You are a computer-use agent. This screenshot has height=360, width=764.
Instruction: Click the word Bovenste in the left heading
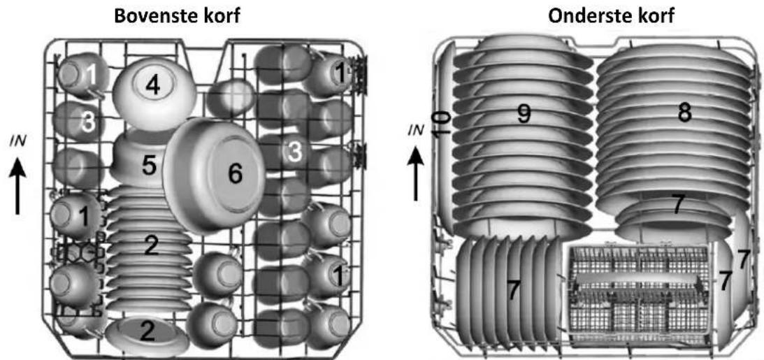[151, 17]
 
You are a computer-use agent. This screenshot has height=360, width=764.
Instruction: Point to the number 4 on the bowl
[152, 86]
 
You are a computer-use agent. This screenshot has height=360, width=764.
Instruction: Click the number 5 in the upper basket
[149, 166]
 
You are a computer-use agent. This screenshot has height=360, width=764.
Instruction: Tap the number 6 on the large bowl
[236, 174]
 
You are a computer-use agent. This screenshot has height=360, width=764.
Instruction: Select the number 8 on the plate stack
[684, 113]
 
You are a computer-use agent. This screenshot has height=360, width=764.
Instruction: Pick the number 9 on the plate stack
[524, 114]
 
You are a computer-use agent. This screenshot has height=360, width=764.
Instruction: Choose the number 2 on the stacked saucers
[152, 246]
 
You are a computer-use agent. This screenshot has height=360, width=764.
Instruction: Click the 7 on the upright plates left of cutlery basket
[512, 290]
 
